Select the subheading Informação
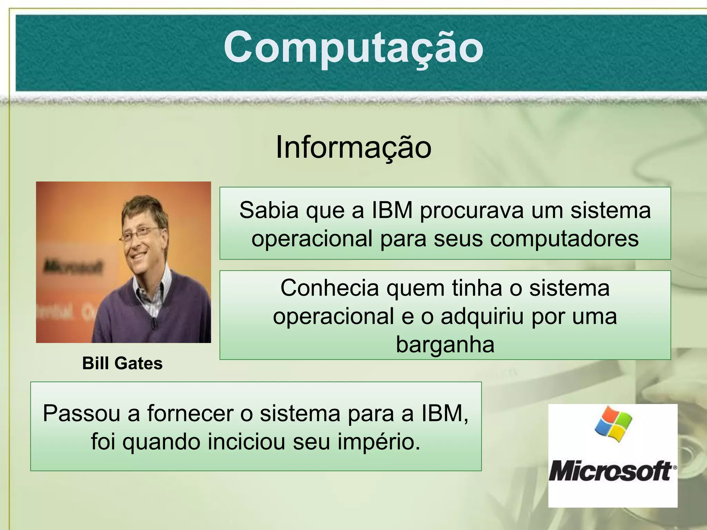click(x=353, y=147)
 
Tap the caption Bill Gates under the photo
click(x=122, y=363)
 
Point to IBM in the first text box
click(x=392, y=210)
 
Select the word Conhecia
click(x=329, y=288)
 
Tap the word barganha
click(x=445, y=344)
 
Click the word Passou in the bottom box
click(x=81, y=413)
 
